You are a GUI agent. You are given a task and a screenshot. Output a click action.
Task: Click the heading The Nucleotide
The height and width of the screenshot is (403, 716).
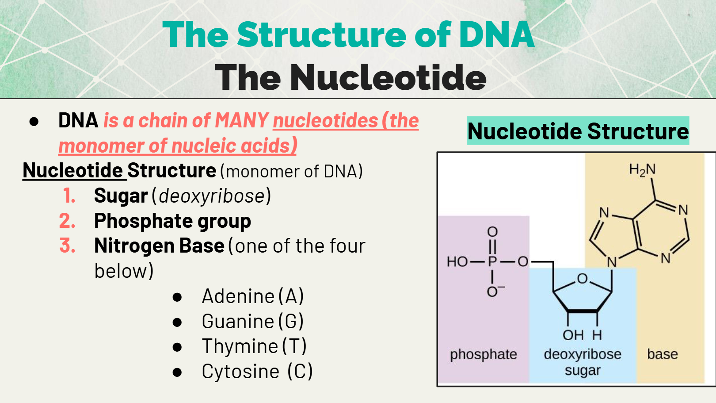pos(350,77)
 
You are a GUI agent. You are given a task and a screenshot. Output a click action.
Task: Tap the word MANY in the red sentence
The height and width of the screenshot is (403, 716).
pos(242,120)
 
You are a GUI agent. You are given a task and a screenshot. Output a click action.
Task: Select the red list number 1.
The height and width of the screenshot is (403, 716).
pos(69,196)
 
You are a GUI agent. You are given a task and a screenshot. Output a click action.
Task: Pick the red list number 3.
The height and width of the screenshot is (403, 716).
pos(67,246)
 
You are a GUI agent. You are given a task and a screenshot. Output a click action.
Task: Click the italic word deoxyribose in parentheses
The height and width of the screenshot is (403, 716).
pos(212,196)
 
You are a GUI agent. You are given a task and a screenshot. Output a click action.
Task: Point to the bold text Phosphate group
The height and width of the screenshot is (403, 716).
pos(172,221)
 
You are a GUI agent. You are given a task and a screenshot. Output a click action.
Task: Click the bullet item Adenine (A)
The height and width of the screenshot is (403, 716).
pos(252,296)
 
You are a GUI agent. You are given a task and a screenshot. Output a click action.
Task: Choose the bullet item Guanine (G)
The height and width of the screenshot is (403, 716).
pos(252,321)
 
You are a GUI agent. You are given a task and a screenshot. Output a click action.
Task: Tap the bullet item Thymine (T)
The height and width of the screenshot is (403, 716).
pos(254,346)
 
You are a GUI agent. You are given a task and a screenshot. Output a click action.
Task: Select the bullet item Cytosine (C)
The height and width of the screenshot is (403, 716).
pos(257,371)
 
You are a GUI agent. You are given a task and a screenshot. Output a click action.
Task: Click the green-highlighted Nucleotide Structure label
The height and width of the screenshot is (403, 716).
pos(578,131)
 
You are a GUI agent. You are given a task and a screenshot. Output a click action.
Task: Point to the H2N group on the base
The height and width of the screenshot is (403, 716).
pos(642,169)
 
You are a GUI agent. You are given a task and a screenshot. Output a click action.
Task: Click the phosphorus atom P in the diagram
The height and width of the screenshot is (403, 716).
pos(492,261)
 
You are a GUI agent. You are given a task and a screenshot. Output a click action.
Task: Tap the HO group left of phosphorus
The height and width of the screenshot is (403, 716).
pos(457,261)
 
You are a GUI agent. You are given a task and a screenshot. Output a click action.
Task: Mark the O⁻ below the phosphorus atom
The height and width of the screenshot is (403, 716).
pos(494,291)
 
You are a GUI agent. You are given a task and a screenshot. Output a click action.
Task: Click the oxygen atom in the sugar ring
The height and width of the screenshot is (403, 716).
pos(583,279)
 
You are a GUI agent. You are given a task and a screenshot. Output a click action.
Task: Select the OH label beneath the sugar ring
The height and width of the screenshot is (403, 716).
pos(573,335)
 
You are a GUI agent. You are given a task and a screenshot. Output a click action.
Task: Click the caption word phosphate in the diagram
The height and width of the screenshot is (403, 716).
pos(484,354)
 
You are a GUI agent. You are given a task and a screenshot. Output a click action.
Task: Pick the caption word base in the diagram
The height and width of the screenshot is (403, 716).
pos(662,354)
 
